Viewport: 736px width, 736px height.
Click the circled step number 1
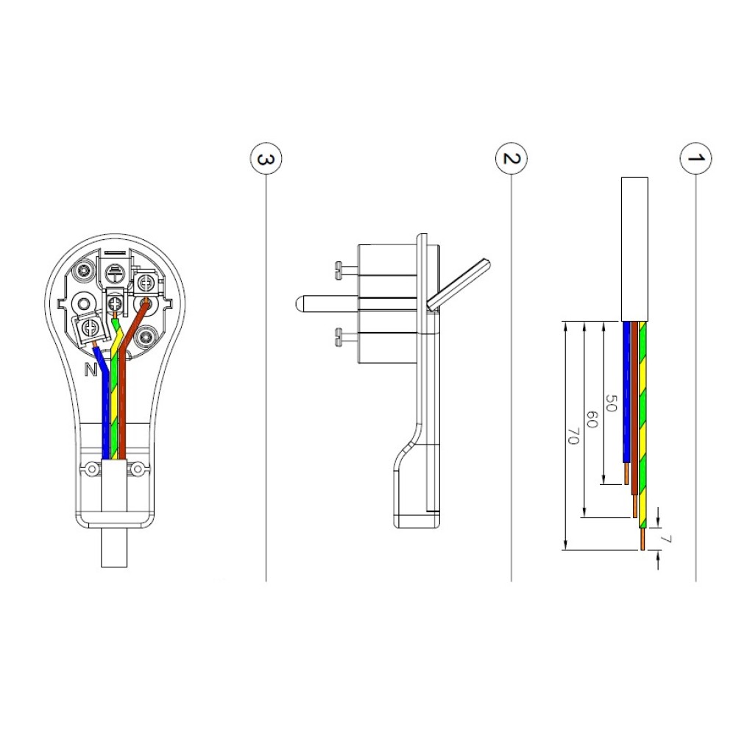tap(696, 158)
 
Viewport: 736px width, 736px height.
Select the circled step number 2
tap(512, 158)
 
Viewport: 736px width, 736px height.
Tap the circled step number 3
tap(266, 159)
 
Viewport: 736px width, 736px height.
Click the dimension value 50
tap(611, 403)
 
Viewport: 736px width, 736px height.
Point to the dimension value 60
tap(592, 420)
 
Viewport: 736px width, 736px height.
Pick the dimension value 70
tap(573, 436)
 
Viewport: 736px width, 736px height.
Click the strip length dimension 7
tap(665, 539)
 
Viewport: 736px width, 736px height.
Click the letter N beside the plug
tap(91, 370)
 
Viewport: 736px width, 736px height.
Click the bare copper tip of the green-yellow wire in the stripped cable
tap(643, 539)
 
